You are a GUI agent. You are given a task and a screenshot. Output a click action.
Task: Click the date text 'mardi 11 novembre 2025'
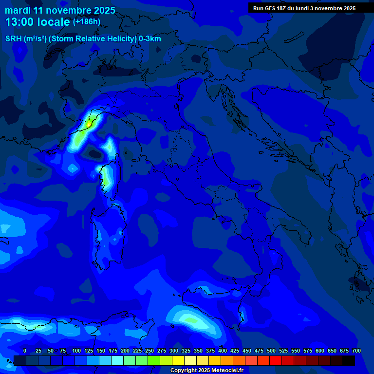(60, 10)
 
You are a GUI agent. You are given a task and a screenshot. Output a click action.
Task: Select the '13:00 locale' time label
(37, 22)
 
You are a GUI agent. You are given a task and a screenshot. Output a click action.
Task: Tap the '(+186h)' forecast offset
(86, 22)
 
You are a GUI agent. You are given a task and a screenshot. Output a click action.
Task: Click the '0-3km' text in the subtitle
(150, 39)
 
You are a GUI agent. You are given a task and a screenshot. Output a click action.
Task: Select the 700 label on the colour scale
(356, 351)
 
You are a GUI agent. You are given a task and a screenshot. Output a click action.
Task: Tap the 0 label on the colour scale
(25, 351)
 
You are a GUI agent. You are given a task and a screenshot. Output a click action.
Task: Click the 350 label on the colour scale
(198, 351)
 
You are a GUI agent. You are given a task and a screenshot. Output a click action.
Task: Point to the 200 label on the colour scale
(125, 351)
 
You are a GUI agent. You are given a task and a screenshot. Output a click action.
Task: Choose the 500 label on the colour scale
(271, 351)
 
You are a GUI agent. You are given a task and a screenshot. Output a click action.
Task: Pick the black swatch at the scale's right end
(349, 360)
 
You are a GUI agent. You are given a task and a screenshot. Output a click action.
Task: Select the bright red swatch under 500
(276, 360)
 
